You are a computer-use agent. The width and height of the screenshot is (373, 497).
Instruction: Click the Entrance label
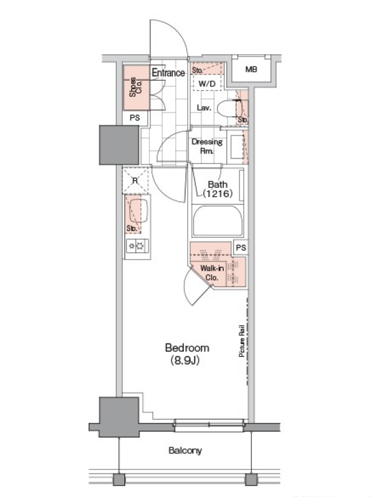coord(168,73)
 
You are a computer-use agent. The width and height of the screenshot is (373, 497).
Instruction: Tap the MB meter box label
coord(251,69)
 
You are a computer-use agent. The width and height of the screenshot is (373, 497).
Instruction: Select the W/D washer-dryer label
coord(207,84)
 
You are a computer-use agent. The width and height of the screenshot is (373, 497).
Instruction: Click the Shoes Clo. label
coord(136,87)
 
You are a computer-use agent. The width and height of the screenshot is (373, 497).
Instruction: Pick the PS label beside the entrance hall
coord(135,117)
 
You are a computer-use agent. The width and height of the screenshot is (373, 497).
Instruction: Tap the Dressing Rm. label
coord(207,146)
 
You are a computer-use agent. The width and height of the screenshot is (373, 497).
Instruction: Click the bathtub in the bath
coord(217,221)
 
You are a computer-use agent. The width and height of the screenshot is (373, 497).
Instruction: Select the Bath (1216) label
coord(218,189)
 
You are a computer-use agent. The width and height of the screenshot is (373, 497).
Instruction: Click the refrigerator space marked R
coord(136,181)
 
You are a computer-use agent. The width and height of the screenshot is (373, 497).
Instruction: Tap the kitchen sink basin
coord(139,211)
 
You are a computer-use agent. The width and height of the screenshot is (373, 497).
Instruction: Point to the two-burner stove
coord(137,245)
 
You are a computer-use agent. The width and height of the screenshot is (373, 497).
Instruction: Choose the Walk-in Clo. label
coord(212,273)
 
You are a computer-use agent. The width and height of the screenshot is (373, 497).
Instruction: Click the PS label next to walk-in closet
coord(241,247)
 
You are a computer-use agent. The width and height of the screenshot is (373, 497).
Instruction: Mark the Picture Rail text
coord(242,341)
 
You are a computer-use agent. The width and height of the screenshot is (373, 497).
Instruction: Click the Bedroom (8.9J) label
coord(187,354)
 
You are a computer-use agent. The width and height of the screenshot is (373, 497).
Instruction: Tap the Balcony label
coord(185,450)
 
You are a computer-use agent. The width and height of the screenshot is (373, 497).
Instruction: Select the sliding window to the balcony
coord(209,426)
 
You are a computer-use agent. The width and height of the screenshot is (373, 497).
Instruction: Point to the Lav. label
coord(204,107)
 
